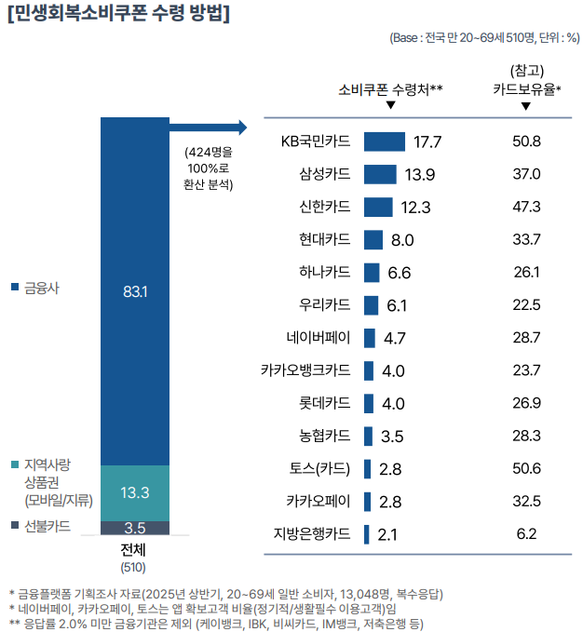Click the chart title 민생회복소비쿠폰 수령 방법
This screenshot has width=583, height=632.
(118, 15)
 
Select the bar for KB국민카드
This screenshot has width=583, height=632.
(384, 141)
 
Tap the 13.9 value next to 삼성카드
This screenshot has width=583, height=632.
(420, 175)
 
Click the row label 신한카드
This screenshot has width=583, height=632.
(324, 207)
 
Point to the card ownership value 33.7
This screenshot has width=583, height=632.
(526, 239)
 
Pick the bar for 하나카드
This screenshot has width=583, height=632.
(372, 272)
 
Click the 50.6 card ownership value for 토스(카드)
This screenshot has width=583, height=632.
(526, 467)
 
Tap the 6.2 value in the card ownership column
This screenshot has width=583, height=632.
(526, 533)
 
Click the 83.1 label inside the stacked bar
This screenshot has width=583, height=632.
(135, 291)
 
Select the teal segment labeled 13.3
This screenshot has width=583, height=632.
(135, 492)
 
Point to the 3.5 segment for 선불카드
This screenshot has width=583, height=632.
(135, 528)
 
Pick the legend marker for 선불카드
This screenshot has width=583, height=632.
(14, 526)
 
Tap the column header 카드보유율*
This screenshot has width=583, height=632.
(526, 89)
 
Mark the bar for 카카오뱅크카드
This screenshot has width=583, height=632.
(369, 370)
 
